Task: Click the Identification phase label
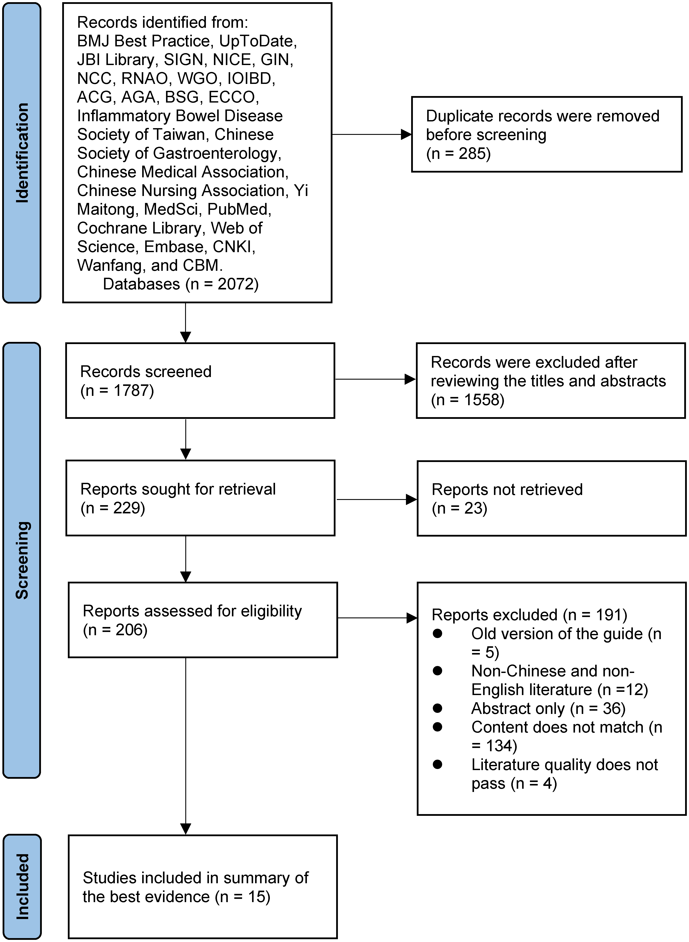22,153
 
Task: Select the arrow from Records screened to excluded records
375,379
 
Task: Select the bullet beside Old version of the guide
438,634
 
